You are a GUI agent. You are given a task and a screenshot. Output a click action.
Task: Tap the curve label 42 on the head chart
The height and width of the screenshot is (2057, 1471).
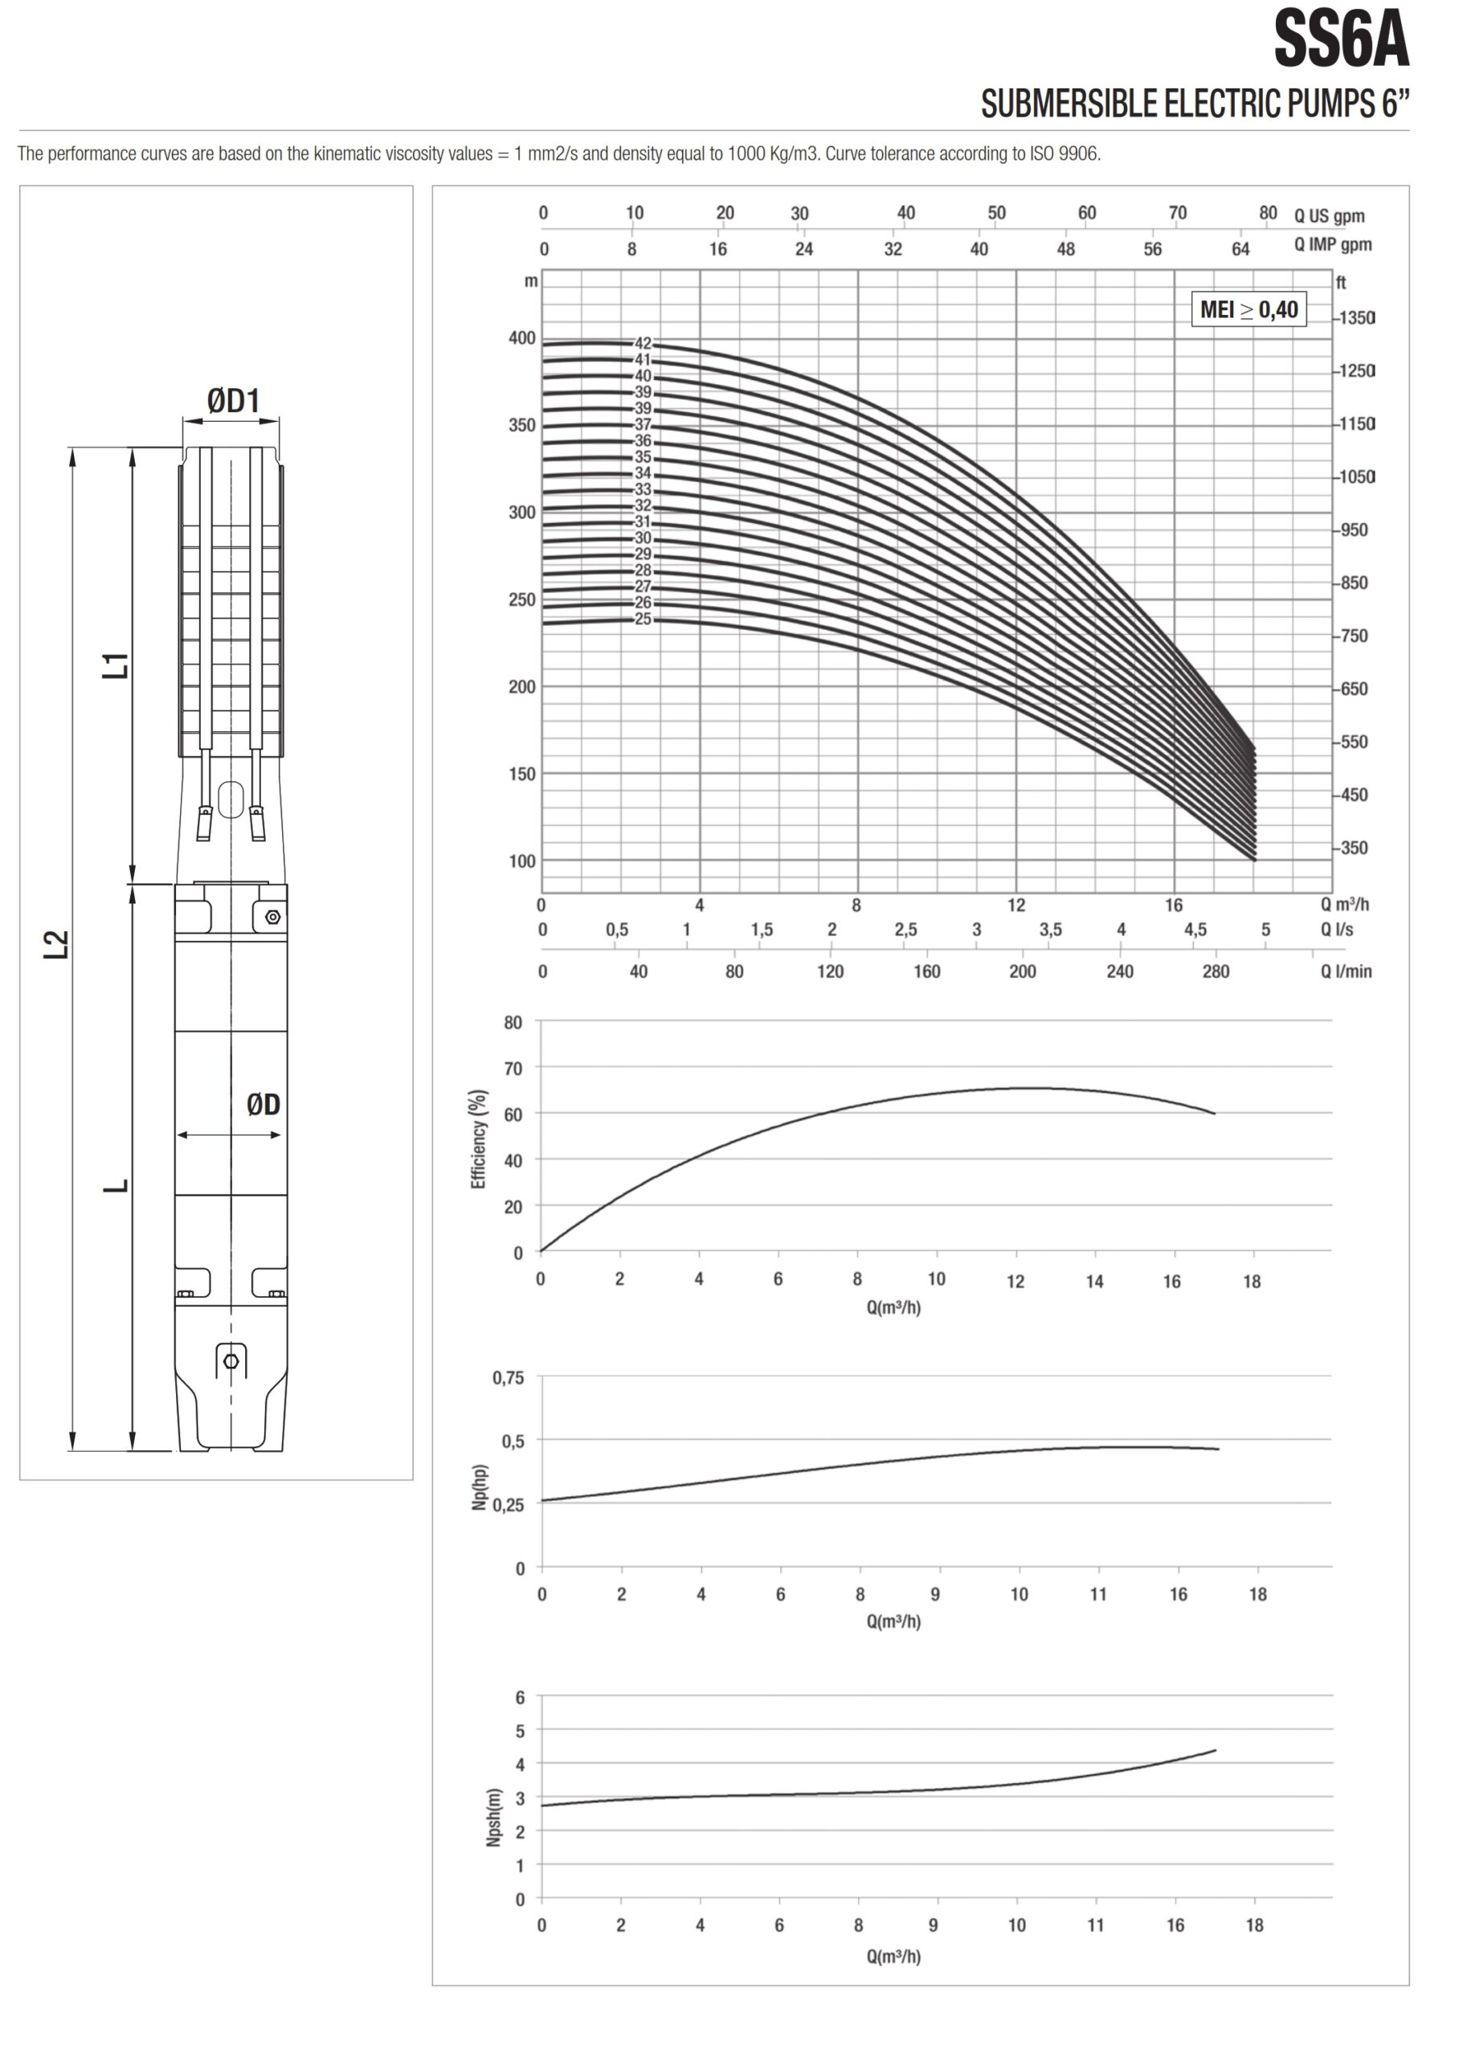click(x=642, y=344)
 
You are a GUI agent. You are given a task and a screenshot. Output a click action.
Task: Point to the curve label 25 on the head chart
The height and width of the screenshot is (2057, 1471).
click(x=642, y=620)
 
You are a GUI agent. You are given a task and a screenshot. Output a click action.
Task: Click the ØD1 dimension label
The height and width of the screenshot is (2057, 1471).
click(x=233, y=400)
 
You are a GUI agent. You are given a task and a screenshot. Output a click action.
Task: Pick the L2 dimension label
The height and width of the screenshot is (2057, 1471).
click(x=56, y=945)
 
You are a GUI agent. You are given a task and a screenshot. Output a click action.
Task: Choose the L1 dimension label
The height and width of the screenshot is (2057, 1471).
click(x=116, y=666)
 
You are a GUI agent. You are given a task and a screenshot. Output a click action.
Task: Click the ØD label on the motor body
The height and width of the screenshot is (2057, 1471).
click(x=264, y=1104)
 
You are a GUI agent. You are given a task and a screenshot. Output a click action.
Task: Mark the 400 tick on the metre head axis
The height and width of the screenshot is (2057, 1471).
click(x=521, y=337)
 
